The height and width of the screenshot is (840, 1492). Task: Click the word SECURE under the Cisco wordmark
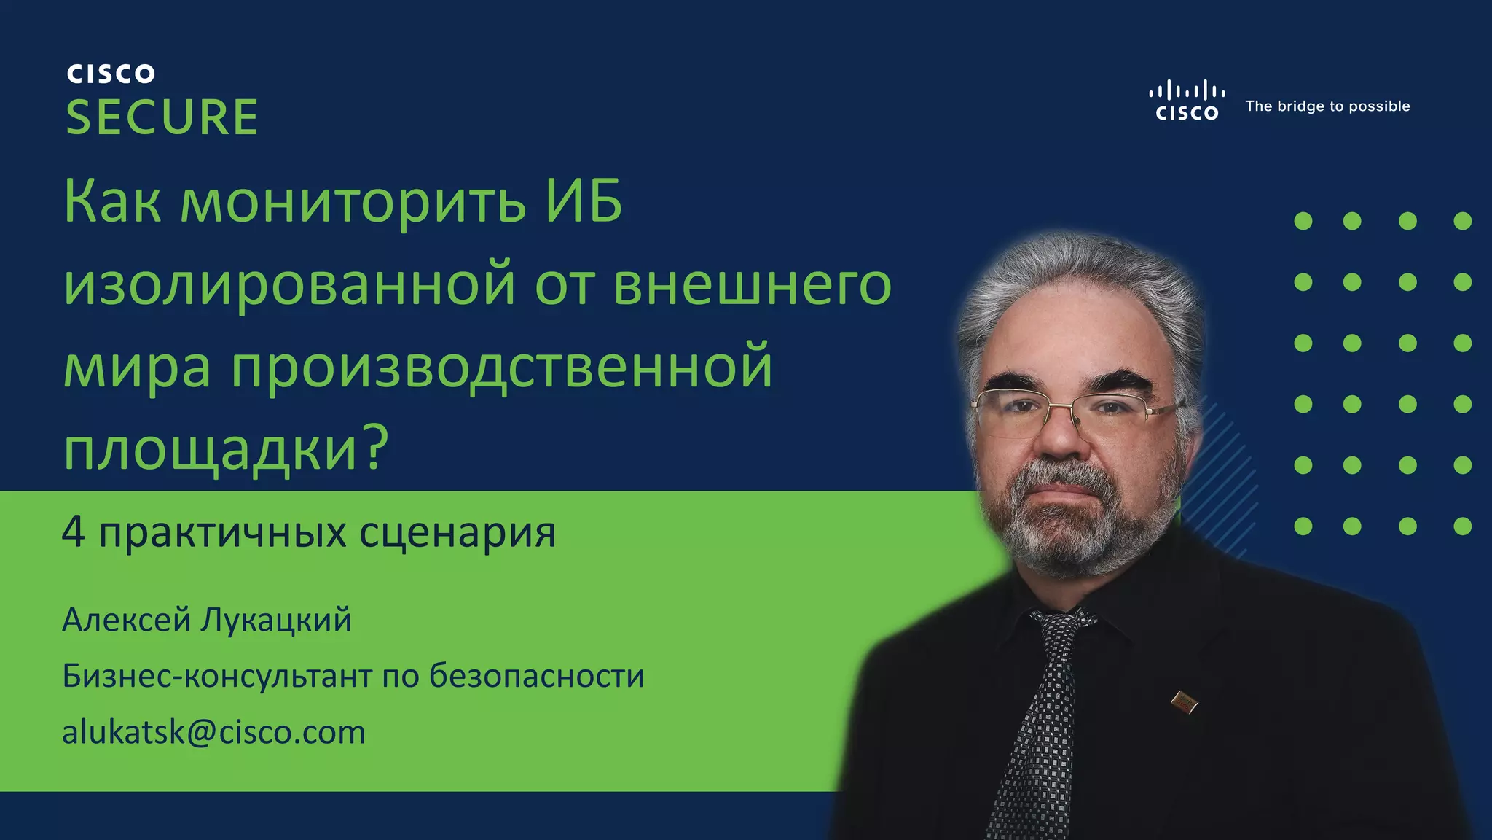tap(162, 117)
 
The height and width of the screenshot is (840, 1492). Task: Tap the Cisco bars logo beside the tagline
tap(1187, 100)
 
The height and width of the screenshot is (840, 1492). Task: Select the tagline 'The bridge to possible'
tap(1327, 106)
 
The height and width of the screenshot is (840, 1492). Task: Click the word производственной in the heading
tap(502, 367)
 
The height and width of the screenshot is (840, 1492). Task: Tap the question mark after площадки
tap(374, 446)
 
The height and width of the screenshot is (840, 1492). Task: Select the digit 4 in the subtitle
tap(74, 531)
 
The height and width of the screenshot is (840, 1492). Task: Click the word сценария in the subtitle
tap(458, 534)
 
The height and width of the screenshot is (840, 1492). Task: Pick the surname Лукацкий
tap(276, 621)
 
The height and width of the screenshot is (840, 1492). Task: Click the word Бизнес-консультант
tap(217, 675)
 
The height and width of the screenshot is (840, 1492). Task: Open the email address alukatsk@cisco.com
tap(213, 732)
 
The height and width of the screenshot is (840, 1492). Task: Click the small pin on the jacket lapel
tap(1184, 702)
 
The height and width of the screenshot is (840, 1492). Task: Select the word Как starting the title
tap(112, 201)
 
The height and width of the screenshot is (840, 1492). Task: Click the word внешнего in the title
tap(753, 286)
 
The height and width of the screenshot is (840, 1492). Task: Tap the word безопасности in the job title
tap(536, 675)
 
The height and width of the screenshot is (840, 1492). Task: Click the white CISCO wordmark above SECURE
tap(111, 74)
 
